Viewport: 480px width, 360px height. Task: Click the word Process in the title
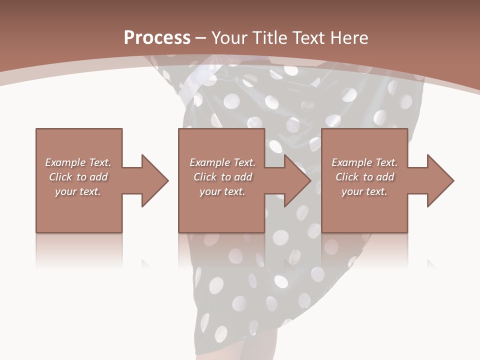pos(157,38)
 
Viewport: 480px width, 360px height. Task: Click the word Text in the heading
pos(307,38)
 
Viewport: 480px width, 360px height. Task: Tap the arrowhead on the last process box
pos(439,180)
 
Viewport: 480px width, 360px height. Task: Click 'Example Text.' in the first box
pos(78,162)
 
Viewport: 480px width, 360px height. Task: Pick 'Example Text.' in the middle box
pos(222,162)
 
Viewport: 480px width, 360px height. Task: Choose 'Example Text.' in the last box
pos(364,162)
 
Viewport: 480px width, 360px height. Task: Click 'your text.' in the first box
pos(78,191)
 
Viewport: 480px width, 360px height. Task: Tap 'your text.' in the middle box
pos(222,191)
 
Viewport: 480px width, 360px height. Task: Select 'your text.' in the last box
pos(364,191)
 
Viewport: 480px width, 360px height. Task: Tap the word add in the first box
pos(99,177)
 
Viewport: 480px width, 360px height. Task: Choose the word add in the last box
pos(385,177)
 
